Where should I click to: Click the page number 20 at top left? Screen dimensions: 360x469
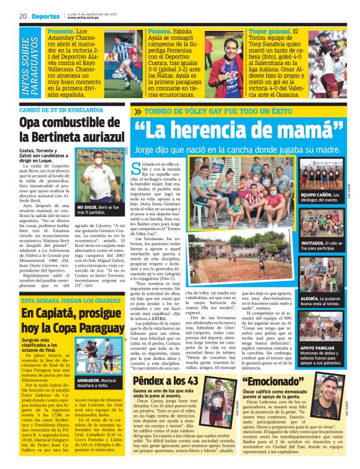(22, 16)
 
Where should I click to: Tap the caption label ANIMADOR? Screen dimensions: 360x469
(87, 379)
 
